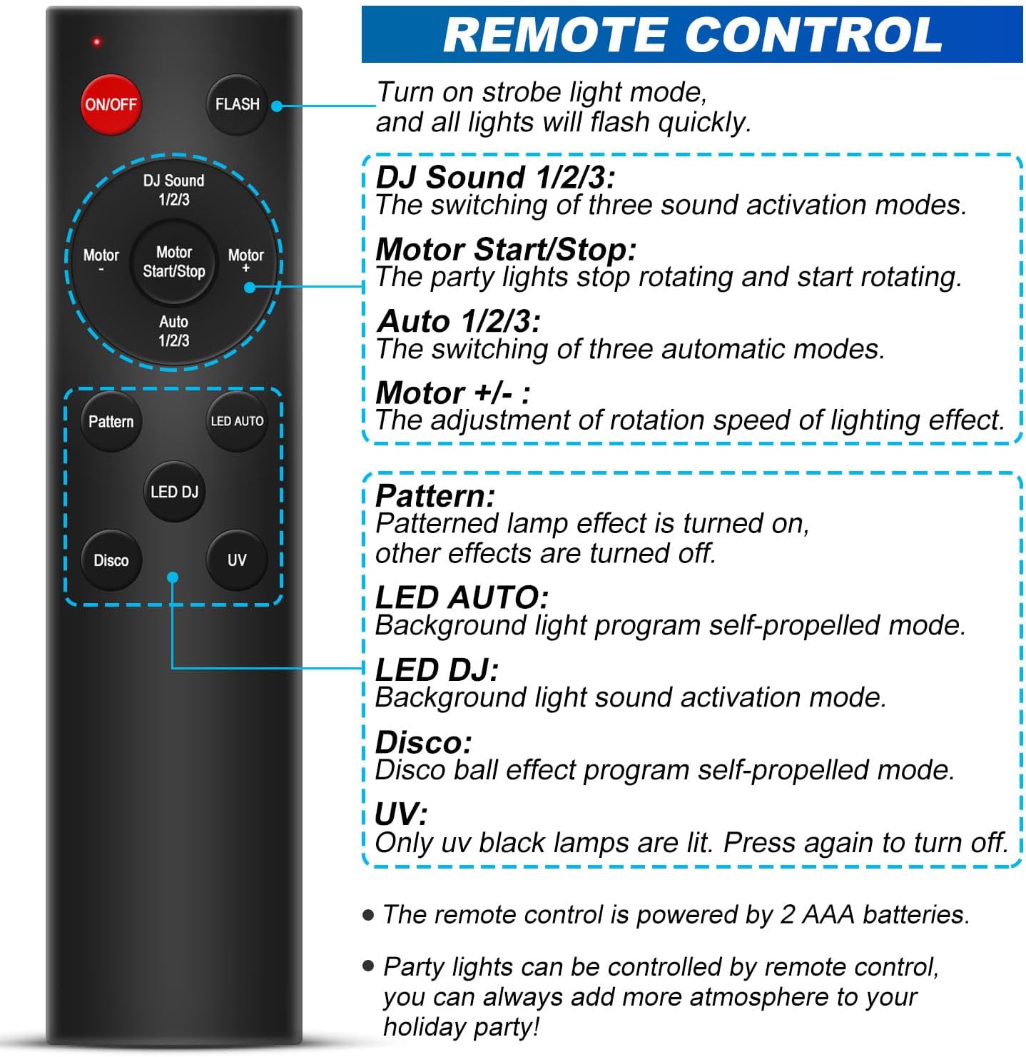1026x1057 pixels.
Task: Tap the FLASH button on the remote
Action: [237, 104]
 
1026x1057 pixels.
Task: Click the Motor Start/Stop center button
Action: [174, 263]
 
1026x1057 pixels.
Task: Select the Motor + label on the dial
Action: [245, 261]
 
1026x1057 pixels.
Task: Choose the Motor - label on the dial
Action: [101, 261]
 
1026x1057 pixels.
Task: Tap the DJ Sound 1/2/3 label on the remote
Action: [174, 190]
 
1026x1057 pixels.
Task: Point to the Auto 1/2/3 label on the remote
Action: [174, 330]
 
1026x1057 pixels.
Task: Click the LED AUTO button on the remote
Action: [237, 421]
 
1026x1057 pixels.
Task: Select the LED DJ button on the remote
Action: [174, 492]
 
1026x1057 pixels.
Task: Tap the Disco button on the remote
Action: [111, 560]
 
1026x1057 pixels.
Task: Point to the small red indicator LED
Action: [97, 41]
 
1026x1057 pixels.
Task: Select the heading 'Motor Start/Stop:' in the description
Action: [506, 249]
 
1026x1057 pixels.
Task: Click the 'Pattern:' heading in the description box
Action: [435, 495]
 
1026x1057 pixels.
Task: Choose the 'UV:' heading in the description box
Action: [401, 814]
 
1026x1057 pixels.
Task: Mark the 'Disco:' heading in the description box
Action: [424, 742]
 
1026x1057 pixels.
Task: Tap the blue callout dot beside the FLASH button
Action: [277, 106]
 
